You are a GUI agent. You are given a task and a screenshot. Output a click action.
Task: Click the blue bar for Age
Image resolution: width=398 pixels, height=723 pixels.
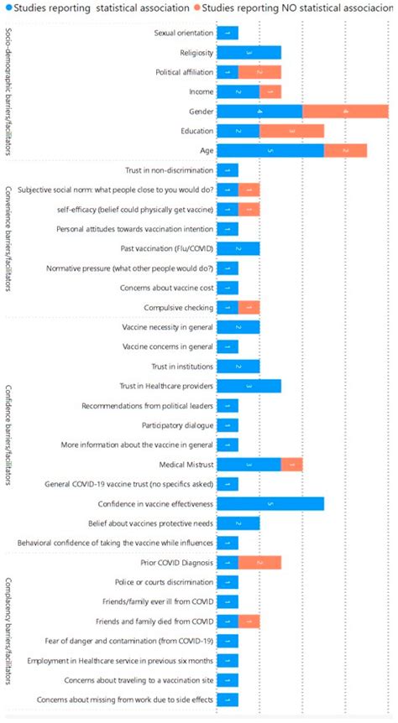pos(270,151)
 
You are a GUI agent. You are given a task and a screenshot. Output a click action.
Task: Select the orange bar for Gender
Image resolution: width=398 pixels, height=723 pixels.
pos(345,111)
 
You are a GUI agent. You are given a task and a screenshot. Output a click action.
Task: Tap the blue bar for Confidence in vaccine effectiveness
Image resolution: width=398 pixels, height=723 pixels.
pos(270,504)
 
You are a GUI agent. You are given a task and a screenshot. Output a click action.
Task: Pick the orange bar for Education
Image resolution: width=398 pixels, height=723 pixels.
pos(291,131)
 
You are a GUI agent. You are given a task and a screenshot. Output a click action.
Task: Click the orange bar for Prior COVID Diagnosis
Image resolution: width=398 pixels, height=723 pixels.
pos(259,562)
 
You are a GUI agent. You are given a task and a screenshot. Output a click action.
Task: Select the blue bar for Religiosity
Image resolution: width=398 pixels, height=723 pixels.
pos(249,53)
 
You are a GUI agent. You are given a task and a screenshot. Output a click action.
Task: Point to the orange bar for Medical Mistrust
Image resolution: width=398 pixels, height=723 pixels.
pos(291,465)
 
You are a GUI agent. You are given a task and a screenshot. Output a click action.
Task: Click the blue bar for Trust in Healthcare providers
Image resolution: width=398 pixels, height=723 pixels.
pos(249,386)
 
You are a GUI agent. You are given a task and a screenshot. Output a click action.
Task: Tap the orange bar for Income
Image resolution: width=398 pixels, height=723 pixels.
pos(270,91)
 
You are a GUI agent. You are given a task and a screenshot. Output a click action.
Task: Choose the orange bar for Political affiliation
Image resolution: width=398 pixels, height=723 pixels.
pos(259,72)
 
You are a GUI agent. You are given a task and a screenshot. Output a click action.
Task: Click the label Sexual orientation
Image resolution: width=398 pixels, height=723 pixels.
pos(183,34)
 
